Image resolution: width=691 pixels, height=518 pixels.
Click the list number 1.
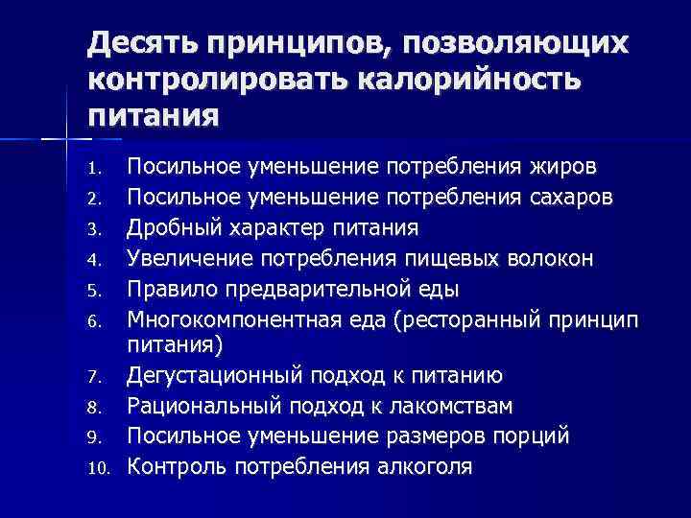93,170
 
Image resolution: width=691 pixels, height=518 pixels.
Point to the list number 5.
93,290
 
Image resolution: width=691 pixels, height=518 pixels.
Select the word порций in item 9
533,436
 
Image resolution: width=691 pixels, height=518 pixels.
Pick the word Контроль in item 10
174,467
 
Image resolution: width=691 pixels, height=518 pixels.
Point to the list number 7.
93,378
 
